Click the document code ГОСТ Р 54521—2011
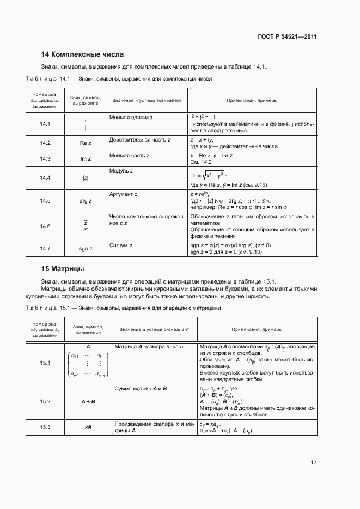(x=288, y=37)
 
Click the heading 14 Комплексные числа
(x=83, y=54)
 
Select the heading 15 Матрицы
(x=63, y=269)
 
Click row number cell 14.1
(x=45, y=124)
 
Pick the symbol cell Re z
(x=86, y=143)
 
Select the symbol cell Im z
(x=86, y=159)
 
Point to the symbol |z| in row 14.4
(x=86, y=178)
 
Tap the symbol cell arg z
(x=86, y=201)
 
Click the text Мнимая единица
(x=131, y=118)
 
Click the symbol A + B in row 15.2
(x=88, y=401)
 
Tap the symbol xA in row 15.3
(x=88, y=427)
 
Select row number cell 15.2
(x=45, y=401)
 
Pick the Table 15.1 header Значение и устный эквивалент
(x=155, y=329)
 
